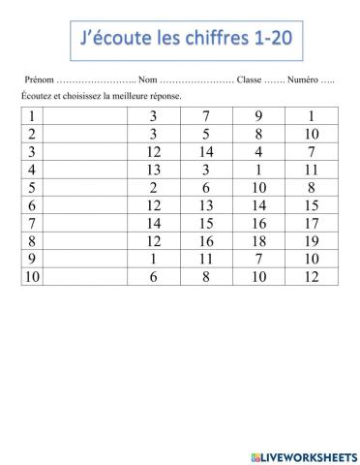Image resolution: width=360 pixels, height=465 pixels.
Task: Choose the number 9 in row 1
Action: [258, 117]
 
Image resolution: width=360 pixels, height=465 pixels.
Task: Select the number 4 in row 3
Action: [258, 152]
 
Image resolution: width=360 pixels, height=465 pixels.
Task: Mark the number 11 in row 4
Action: [311, 170]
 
